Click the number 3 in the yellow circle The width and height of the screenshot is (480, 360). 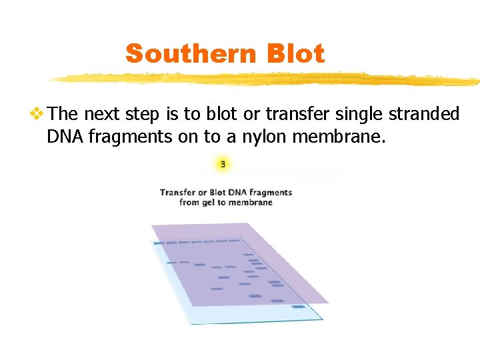pyautogui.click(x=223, y=164)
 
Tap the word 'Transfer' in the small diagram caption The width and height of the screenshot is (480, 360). pyautogui.click(x=179, y=192)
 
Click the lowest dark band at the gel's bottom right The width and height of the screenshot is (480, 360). pyautogui.click(x=298, y=307)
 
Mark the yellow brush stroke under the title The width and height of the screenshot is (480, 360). pyautogui.click(x=267, y=79)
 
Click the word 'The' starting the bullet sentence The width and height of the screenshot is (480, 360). pyautogui.click(x=64, y=114)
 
